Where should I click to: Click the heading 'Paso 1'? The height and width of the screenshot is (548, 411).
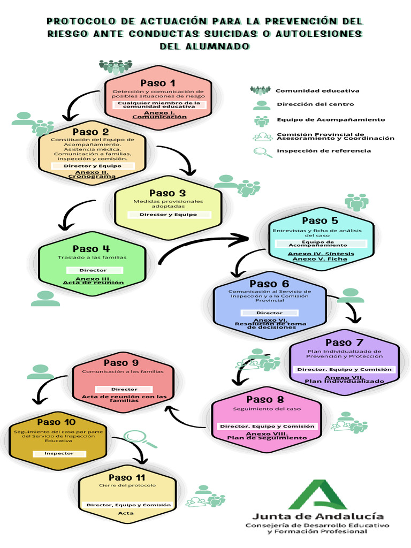coord(157,83)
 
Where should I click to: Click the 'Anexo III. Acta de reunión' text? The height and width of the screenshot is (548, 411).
coord(93,281)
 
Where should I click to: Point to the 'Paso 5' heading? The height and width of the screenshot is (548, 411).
coord(319,220)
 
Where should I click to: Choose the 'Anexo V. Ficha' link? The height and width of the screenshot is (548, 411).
coord(319,259)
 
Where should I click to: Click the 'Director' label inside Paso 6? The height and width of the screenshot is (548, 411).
coord(269,313)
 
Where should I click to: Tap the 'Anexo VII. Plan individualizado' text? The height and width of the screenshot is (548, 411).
coord(344,379)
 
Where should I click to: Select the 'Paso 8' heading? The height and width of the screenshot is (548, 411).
coord(265,399)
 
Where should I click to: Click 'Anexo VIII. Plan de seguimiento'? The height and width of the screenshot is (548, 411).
coord(267,436)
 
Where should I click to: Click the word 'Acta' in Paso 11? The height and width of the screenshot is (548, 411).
coord(126,513)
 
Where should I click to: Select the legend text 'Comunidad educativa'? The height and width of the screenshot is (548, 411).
coord(317,90)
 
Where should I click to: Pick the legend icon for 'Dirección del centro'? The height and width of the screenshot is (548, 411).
coord(262,105)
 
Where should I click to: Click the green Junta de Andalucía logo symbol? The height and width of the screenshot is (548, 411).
coord(317,494)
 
